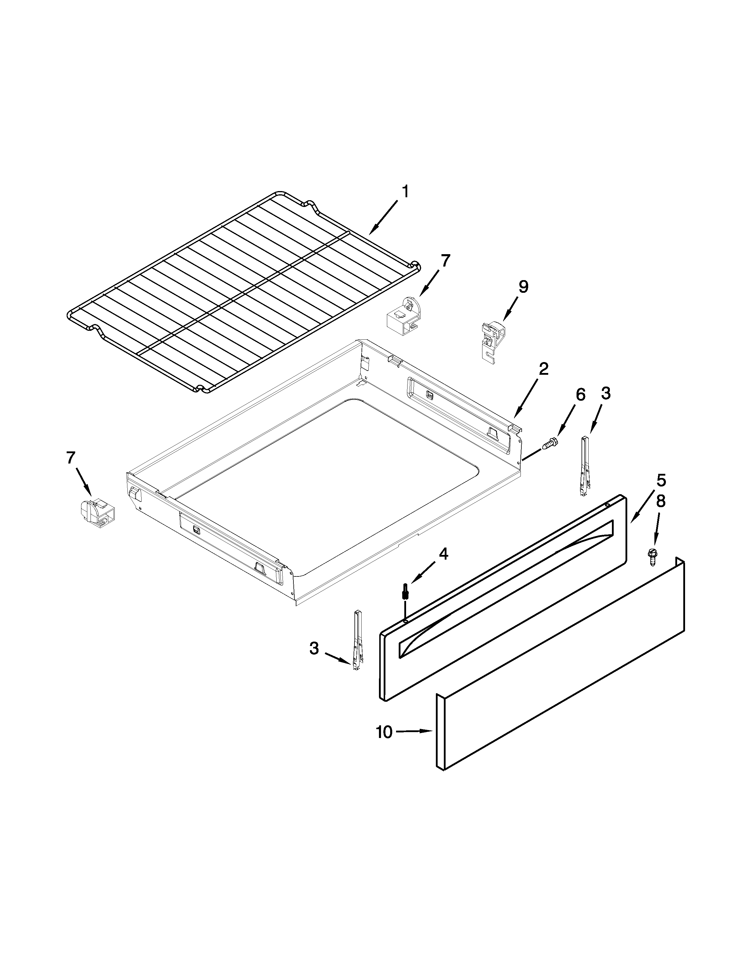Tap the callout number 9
tap(523, 287)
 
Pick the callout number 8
tap(660, 501)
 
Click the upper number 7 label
tap(445, 261)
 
